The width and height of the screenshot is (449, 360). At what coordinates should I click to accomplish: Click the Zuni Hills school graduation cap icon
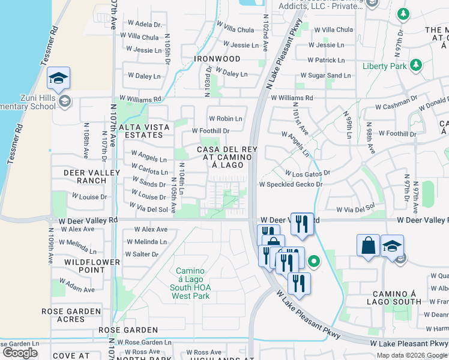pyautogui.click(x=59, y=79)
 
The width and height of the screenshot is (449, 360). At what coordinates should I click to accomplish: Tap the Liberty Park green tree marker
pyautogui.click(x=415, y=65)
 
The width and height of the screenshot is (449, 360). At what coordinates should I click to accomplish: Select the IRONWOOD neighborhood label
pyautogui.click(x=217, y=59)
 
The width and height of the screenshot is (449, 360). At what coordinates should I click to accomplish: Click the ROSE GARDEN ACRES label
pyautogui.click(x=71, y=316)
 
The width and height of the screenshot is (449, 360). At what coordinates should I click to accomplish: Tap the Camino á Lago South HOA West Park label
pyautogui.click(x=191, y=283)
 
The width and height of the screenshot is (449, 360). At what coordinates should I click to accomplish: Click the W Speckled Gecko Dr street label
pyautogui.click(x=291, y=184)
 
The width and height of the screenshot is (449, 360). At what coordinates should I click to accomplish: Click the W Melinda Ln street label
pyautogui.click(x=146, y=242)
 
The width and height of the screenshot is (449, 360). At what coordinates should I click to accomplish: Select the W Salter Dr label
pyautogui.click(x=142, y=254)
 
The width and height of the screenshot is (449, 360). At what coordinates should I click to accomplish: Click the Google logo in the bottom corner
pyautogui.click(x=20, y=353)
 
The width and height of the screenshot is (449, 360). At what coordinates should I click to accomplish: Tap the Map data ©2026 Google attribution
pyautogui.click(x=412, y=355)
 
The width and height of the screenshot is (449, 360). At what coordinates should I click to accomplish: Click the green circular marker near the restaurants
pyautogui.click(x=313, y=262)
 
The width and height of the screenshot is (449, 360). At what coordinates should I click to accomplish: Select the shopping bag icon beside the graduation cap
pyautogui.click(x=368, y=246)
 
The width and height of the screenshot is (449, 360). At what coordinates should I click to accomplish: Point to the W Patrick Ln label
pyautogui.click(x=330, y=60)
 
